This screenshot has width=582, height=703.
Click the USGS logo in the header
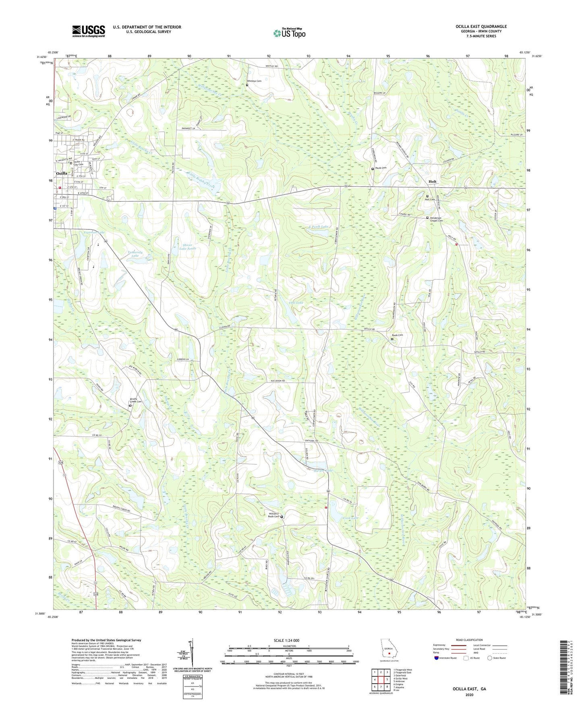(x=88, y=31)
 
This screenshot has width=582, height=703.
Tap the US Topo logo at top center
(x=289, y=33)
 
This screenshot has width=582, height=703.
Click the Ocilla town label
(x=62, y=173)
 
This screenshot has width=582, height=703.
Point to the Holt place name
(x=432, y=182)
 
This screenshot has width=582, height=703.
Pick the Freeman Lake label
(x=94, y=232)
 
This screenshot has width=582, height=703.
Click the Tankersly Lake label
(x=135, y=254)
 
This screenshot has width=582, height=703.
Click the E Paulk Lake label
(x=319, y=227)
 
